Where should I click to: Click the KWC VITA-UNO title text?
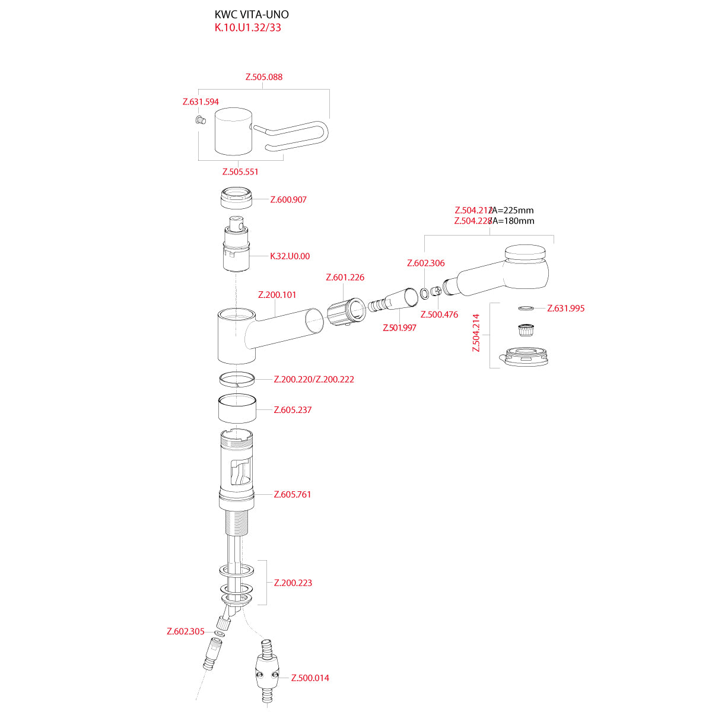252,15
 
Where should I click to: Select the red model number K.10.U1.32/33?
247,28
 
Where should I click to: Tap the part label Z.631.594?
201,102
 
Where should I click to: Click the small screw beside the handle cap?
199,121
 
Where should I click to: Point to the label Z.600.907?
288,200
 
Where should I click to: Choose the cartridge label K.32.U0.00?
290,256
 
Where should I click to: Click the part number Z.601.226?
345,278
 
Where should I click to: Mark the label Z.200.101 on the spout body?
277,295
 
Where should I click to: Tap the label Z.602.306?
425,263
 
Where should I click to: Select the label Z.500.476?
439,315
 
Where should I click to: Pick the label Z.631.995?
566,309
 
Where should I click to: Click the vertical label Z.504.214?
476,333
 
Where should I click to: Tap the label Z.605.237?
293,410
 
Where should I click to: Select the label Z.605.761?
293,495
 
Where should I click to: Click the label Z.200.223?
293,583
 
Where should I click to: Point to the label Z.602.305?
186,632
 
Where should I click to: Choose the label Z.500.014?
310,678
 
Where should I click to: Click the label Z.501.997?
399,328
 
